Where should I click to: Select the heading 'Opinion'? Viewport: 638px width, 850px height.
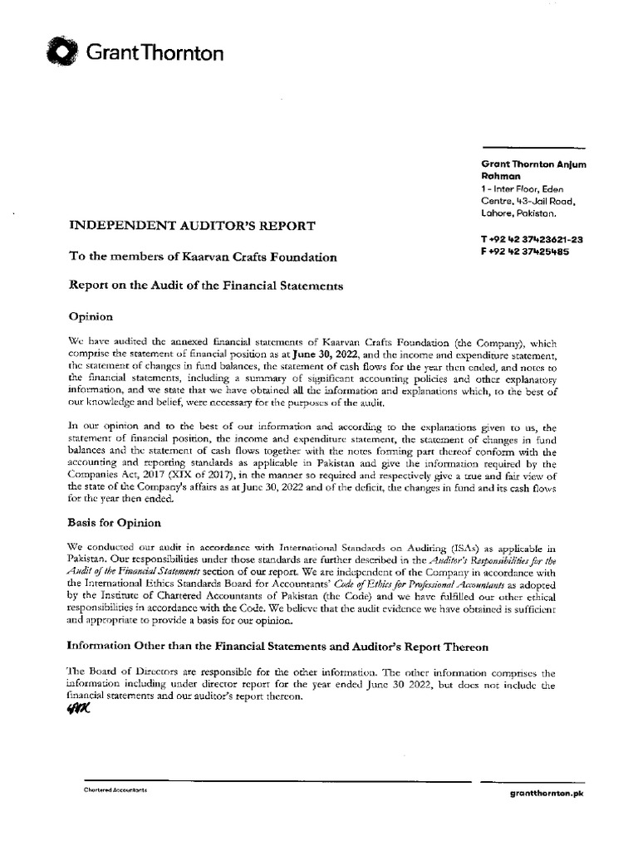(x=89, y=316)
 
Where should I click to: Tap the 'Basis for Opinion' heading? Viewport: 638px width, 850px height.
(x=114, y=523)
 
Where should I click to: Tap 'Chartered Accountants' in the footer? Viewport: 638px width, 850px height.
(x=115, y=789)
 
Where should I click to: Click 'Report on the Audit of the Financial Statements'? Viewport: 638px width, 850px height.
(x=205, y=286)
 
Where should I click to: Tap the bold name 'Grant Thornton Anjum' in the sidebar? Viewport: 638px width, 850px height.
(x=533, y=164)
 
